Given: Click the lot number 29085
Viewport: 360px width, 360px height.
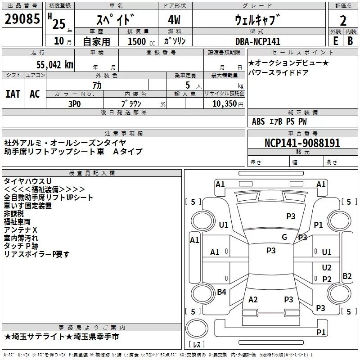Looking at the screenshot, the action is pos(22,19).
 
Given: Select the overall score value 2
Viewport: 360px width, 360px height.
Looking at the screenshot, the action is pos(343,21).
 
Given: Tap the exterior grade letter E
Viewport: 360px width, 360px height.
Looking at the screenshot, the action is pos(336,41).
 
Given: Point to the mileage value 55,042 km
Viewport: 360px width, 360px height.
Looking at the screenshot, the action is pos(55,65).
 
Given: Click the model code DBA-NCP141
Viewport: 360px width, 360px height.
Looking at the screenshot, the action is pos(258,41).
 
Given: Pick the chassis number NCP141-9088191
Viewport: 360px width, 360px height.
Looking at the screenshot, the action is pos(302,143).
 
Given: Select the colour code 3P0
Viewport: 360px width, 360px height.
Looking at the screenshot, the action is pos(75,104).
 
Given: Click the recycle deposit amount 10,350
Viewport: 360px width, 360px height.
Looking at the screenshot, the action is pos(225,104).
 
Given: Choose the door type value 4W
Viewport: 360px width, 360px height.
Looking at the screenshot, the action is pos(174,20).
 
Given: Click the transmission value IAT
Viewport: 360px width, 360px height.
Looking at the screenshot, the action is pos(13,94).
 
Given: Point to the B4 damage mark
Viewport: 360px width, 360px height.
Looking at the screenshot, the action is pos(221,292).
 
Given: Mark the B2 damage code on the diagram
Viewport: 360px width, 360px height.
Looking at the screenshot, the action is pos(347,276).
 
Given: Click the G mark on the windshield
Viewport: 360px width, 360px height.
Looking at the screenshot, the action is pos(284,237).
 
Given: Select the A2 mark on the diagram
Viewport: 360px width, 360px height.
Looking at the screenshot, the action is pos(253,300).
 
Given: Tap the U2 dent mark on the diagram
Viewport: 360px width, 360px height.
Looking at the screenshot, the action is pos(327,268).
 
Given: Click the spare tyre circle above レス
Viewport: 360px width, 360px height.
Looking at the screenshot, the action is pos(197,328).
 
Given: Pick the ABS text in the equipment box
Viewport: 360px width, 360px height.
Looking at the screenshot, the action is pos(258,121).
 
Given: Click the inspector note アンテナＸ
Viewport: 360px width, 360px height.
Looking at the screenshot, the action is pos(20,230).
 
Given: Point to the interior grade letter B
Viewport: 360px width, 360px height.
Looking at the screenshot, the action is pos(350,41).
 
